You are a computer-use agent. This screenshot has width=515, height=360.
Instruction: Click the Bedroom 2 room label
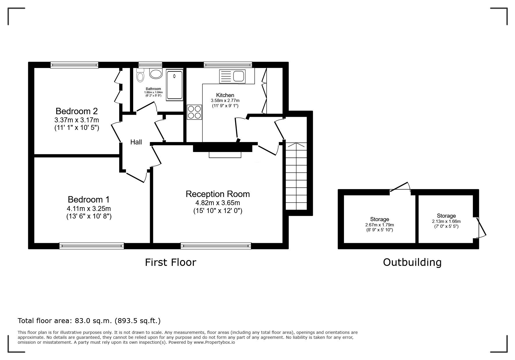point(76,111)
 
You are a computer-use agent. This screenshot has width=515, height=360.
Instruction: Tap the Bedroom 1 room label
point(89,200)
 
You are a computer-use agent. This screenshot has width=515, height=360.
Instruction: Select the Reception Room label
point(218,194)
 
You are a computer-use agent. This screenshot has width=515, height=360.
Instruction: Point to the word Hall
point(136,142)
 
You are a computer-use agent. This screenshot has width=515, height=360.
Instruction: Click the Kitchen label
point(225,95)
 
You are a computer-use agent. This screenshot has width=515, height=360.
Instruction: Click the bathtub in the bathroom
point(174,85)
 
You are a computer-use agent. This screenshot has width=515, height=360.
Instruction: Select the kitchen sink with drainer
point(232,76)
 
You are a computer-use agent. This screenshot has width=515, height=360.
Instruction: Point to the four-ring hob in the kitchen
point(195,112)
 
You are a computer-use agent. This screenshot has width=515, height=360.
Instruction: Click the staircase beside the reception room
point(296,176)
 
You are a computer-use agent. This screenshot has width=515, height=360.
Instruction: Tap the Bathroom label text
point(153,89)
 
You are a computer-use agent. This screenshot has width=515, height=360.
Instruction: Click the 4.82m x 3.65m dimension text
point(218,203)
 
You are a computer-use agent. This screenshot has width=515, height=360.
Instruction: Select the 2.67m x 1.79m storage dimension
point(379,225)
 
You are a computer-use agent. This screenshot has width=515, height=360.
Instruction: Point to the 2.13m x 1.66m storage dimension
point(446,221)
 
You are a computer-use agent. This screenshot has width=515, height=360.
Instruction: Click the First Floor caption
point(171,262)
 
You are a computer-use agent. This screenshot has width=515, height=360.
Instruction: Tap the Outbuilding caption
point(412,262)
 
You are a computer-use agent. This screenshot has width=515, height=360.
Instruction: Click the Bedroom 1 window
point(92,246)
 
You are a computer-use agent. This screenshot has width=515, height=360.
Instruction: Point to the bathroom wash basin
point(156,74)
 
